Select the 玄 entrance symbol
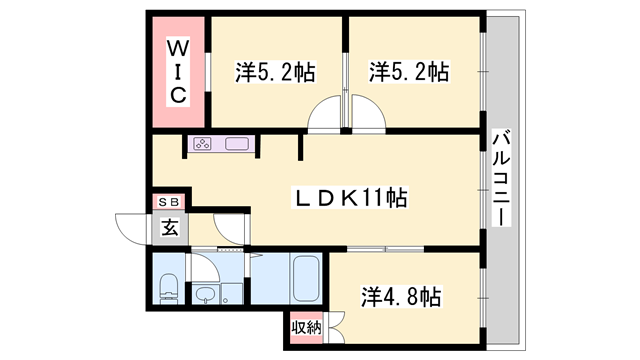pos(169,227)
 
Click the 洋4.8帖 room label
pos(400,296)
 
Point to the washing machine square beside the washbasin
pos(231,295)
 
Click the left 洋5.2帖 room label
pos(275,72)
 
